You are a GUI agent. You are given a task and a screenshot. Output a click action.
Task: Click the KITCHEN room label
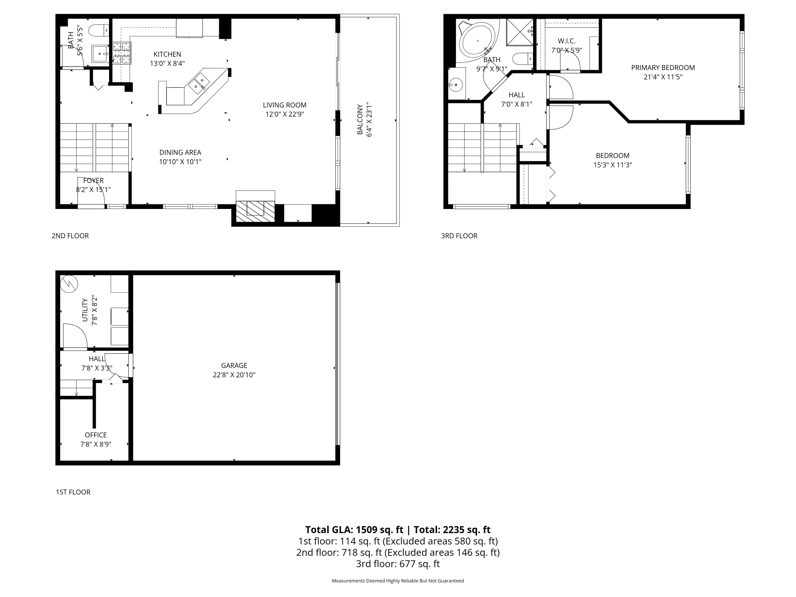167,54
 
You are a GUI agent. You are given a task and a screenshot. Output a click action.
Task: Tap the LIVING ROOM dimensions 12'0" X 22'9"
285,114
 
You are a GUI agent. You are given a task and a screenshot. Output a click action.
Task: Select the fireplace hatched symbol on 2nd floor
255,211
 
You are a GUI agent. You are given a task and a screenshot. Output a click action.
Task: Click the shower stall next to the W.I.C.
519,32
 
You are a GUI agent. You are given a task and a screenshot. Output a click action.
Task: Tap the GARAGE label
234,365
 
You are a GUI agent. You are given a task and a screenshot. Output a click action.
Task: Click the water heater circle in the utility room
69,284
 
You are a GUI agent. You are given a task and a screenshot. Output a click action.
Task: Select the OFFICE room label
96,435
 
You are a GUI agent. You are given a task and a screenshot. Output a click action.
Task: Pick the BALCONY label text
360,119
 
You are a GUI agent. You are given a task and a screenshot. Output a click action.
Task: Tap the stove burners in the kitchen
122,53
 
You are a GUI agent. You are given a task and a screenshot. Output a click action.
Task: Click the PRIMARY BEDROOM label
663,68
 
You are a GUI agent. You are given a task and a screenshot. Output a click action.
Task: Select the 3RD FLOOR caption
459,236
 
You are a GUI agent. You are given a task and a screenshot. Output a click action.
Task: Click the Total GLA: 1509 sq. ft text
354,530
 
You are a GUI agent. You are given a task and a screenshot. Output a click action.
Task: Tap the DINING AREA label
180,152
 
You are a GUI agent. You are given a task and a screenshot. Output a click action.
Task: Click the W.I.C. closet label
566,41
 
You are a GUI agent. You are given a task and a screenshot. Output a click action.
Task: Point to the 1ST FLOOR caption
73,492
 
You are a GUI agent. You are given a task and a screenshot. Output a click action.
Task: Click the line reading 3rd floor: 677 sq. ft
398,564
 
